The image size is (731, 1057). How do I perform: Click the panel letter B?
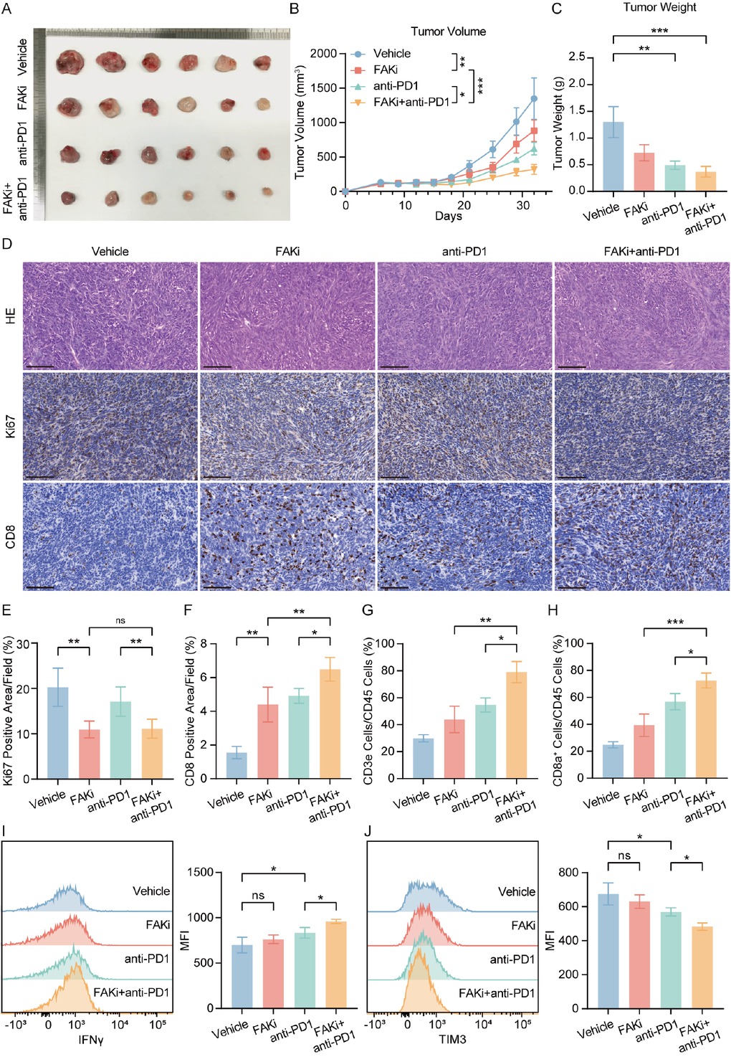coord(294,9)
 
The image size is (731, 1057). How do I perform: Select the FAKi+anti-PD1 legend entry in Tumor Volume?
coord(411,102)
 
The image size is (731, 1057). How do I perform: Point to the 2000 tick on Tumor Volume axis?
coord(323,54)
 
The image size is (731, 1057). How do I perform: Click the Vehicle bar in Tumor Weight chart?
coord(613,156)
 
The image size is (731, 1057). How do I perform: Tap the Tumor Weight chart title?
coord(659,7)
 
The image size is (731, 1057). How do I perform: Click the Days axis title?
coord(448,216)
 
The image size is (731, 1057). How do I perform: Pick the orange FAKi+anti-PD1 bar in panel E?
coord(152,753)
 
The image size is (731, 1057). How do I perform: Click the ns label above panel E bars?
coord(120,620)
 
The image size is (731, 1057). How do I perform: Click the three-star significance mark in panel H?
coord(674,622)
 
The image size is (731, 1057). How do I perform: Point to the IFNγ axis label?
coord(90,1039)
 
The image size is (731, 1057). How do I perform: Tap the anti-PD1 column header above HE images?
coord(464,252)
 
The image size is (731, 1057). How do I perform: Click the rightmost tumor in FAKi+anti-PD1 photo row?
coord(267,191)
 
